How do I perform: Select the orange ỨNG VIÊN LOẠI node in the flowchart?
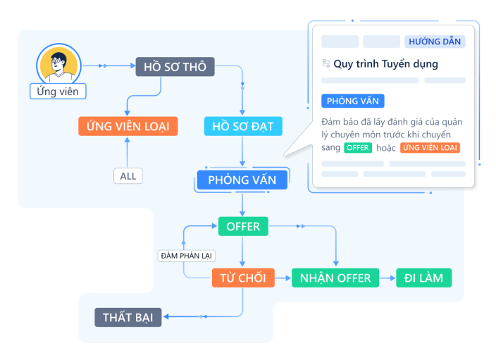(128, 126)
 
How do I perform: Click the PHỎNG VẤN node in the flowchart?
(242, 180)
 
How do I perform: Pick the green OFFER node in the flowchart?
(243, 226)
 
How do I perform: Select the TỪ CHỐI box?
(243, 278)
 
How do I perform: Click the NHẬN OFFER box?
(335, 278)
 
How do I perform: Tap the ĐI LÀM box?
(423, 278)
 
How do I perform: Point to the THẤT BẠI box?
(128, 317)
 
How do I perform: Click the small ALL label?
(128, 176)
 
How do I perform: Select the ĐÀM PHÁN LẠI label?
(187, 255)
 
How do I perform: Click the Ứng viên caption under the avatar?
(58, 92)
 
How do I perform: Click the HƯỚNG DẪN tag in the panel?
(435, 42)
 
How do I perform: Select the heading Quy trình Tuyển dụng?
(385, 64)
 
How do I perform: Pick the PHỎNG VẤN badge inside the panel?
(353, 101)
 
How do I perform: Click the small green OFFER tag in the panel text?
(358, 148)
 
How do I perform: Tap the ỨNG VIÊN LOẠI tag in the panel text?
(430, 148)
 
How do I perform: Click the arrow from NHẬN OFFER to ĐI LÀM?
(387, 278)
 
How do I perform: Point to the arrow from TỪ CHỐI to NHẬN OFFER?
(283, 278)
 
